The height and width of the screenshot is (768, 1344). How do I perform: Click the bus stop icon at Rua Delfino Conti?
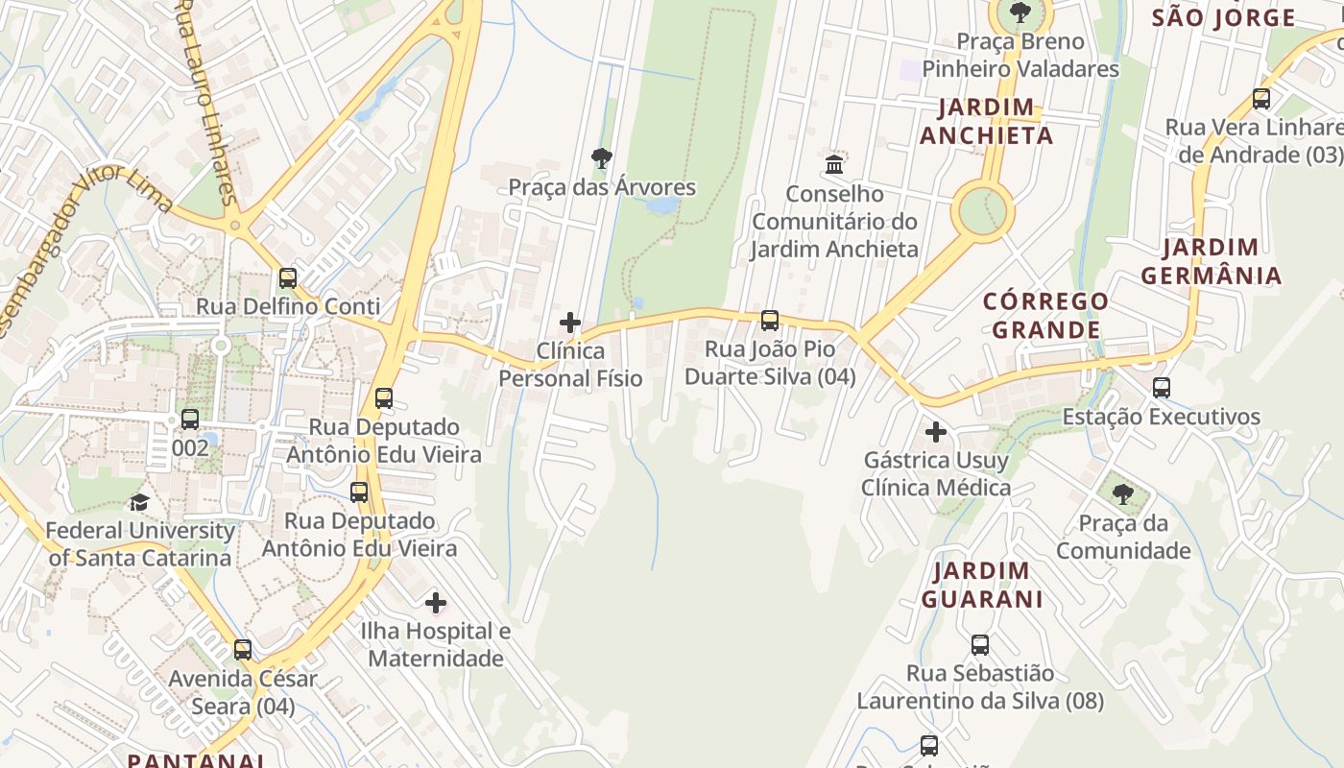pyautogui.click(x=288, y=278)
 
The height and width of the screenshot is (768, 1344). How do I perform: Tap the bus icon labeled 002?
pyautogui.click(x=190, y=419)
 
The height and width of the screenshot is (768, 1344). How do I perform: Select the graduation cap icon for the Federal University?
pyautogui.click(x=139, y=502)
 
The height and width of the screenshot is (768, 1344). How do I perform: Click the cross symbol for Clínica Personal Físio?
pyautogui.click(x=570, y=323)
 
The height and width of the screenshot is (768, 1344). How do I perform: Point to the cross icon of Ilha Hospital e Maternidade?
pyautogui.click(x=436, y=603)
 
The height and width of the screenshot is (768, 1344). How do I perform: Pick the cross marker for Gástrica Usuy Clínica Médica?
pyautogui.click(x=936, y=432)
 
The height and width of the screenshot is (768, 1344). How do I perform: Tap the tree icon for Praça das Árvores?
pyautogui.click(x=602, y=157)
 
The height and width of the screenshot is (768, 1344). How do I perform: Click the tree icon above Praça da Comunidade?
pyautogui.click(x=1122, y=494)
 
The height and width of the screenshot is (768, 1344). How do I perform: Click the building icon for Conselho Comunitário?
pyautogui.click(x=834, y=164)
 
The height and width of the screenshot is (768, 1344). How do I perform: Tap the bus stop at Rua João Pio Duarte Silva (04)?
pyautogui.click(x=770, y=321)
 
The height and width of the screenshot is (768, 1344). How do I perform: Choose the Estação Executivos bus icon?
pyautogui.click(x=1162, y=388)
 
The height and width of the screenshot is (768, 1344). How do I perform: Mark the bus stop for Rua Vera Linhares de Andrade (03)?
pyautogui.click(x=1261, y=98)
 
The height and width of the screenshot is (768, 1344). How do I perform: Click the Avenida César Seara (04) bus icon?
pyautogui.click(x=243, y=650)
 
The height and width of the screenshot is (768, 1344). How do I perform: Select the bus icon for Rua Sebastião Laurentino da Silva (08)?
pyautogui.click(x=980, y=645)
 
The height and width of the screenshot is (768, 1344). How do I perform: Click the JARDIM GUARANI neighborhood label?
pyautogui.click(x=982, y=585)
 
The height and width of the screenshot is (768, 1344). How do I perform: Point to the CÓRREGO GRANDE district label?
pyautogui.click(x=1045, y=315)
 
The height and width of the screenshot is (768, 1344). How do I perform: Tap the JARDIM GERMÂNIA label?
pyautogui.click(x=1210, y=261)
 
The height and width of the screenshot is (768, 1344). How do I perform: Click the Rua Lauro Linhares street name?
pyautogui.click(x=204, y=101)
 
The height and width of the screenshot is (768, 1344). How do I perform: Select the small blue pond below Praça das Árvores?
pyautogui.click(x=662, y=205)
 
